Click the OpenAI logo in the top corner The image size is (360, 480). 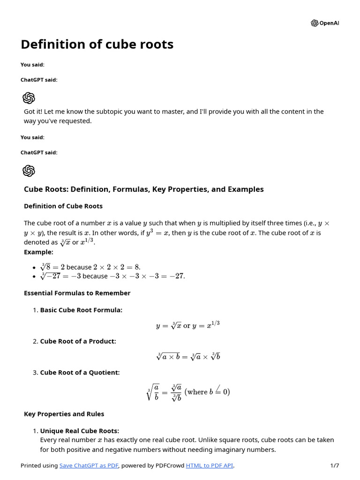pos(324,23)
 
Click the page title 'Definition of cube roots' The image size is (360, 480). pos(97,45)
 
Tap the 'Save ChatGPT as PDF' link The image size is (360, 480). pos(89,465)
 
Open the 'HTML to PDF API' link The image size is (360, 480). pos(210,465)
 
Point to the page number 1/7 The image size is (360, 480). pos(334,465)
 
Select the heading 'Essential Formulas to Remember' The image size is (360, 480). pos(77,293)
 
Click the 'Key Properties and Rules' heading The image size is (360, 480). pos(64,414)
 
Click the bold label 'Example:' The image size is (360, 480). pos(38,252)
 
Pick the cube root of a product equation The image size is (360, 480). pos(188,357)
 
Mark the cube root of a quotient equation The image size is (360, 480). pos(188,392)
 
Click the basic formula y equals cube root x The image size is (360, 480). pos(188,325)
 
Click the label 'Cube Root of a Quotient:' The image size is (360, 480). pos(80,373)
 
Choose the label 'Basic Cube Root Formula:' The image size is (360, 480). pos(81,310)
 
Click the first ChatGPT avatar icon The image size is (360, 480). pos(29,98)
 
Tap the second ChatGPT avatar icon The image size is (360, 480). pos(29,171)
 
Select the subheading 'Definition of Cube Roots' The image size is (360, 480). pos(63,206)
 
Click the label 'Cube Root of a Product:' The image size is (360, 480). pos(78,341)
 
